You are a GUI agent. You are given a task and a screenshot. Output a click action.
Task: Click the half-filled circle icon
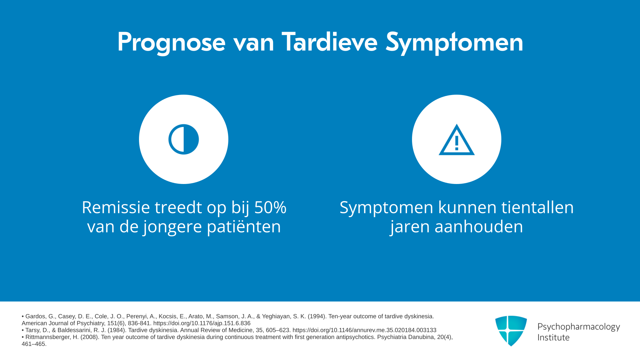click(x=184, y=139)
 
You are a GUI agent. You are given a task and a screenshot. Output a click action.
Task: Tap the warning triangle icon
click(x=457, y=140)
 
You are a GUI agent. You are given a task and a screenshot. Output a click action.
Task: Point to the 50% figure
click(x=270, y=207)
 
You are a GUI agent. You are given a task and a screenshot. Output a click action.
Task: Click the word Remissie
click(x=116, y=207)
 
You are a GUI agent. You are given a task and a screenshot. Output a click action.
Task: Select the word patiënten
click(x=244, y=227)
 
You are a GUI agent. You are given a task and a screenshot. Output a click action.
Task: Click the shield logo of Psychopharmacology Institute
click(x=511, y=331)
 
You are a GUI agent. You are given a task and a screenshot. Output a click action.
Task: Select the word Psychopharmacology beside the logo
click(x=579, y=327)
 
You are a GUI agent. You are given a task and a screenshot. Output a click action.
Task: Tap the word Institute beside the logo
click(x=553, y=337)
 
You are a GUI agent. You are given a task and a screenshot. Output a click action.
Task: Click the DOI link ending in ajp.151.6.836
click(x=202, y=323)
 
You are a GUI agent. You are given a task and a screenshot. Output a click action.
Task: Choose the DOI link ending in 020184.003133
click(x=364, y=330)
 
